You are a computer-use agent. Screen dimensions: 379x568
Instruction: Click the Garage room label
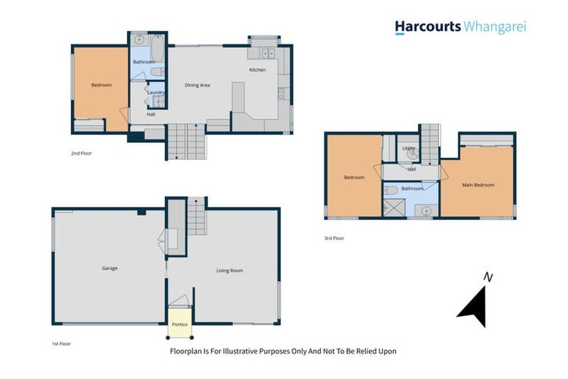109,268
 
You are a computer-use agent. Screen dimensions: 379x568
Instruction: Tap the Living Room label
229,270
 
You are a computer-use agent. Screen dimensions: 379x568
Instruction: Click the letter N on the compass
487,278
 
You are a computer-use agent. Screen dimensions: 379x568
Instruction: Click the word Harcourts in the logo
427,27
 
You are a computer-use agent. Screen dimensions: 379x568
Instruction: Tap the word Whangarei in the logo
495,27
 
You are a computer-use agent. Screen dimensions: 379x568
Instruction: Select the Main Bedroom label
478,184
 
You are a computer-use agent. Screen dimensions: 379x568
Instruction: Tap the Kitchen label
257,70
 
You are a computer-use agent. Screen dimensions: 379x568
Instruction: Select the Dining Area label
197,85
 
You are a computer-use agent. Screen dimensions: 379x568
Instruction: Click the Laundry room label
155,93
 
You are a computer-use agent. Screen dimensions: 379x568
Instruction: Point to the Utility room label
408,148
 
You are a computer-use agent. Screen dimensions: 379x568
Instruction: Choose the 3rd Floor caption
334,238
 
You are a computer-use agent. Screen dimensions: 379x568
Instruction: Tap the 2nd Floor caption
81,153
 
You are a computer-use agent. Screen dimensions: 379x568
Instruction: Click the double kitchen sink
266,53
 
